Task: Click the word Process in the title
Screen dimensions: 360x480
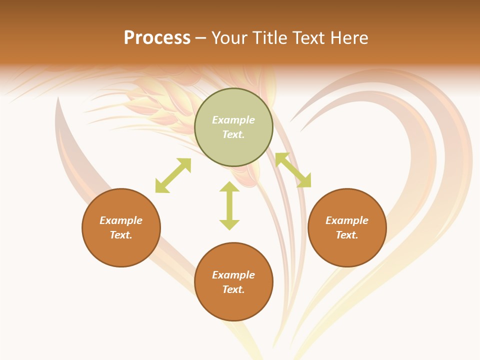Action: (157, 38)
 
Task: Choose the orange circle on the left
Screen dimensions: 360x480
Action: (121, 227)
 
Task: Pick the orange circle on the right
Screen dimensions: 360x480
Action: (347, 227)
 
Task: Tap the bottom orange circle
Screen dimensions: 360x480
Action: (233, 281)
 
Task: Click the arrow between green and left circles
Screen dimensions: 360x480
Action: (173, 175)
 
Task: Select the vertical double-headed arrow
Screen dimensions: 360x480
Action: (229, 205)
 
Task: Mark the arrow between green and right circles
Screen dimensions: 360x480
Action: (293, 170)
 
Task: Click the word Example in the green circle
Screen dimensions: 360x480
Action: (233, 120)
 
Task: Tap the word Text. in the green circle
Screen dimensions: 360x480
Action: (233, 134)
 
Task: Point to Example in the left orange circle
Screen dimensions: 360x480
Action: (121, 220)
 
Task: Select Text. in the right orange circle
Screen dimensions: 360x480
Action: (347, 235)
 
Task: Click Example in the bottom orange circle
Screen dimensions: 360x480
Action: (233, 275)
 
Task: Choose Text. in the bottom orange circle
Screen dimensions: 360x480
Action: (233, 289)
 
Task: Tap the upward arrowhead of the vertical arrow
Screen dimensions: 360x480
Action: (229, 186)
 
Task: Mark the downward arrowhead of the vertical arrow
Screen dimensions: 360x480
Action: (229, 224)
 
